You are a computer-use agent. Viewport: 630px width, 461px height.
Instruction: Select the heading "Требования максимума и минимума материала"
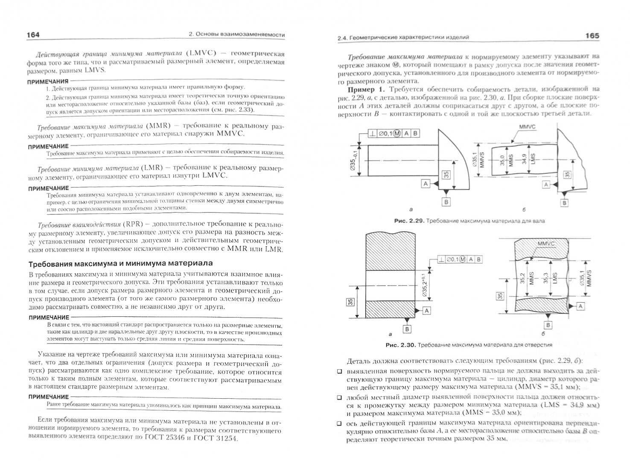pos(120,263)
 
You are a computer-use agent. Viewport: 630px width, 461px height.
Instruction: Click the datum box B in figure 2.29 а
pos(446,202)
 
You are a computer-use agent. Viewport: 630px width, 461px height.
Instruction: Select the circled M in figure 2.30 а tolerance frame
pos(463,259)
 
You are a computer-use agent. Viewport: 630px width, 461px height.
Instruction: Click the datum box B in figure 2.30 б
pos(548,325)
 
